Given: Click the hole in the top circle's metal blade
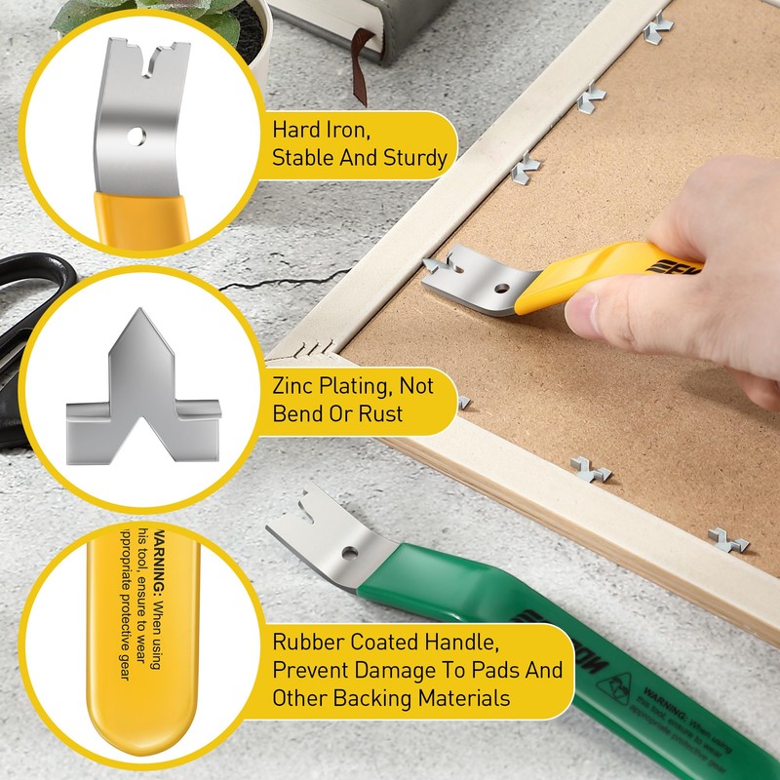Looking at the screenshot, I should click(139, 136).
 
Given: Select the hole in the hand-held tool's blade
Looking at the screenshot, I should click(500, 290).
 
